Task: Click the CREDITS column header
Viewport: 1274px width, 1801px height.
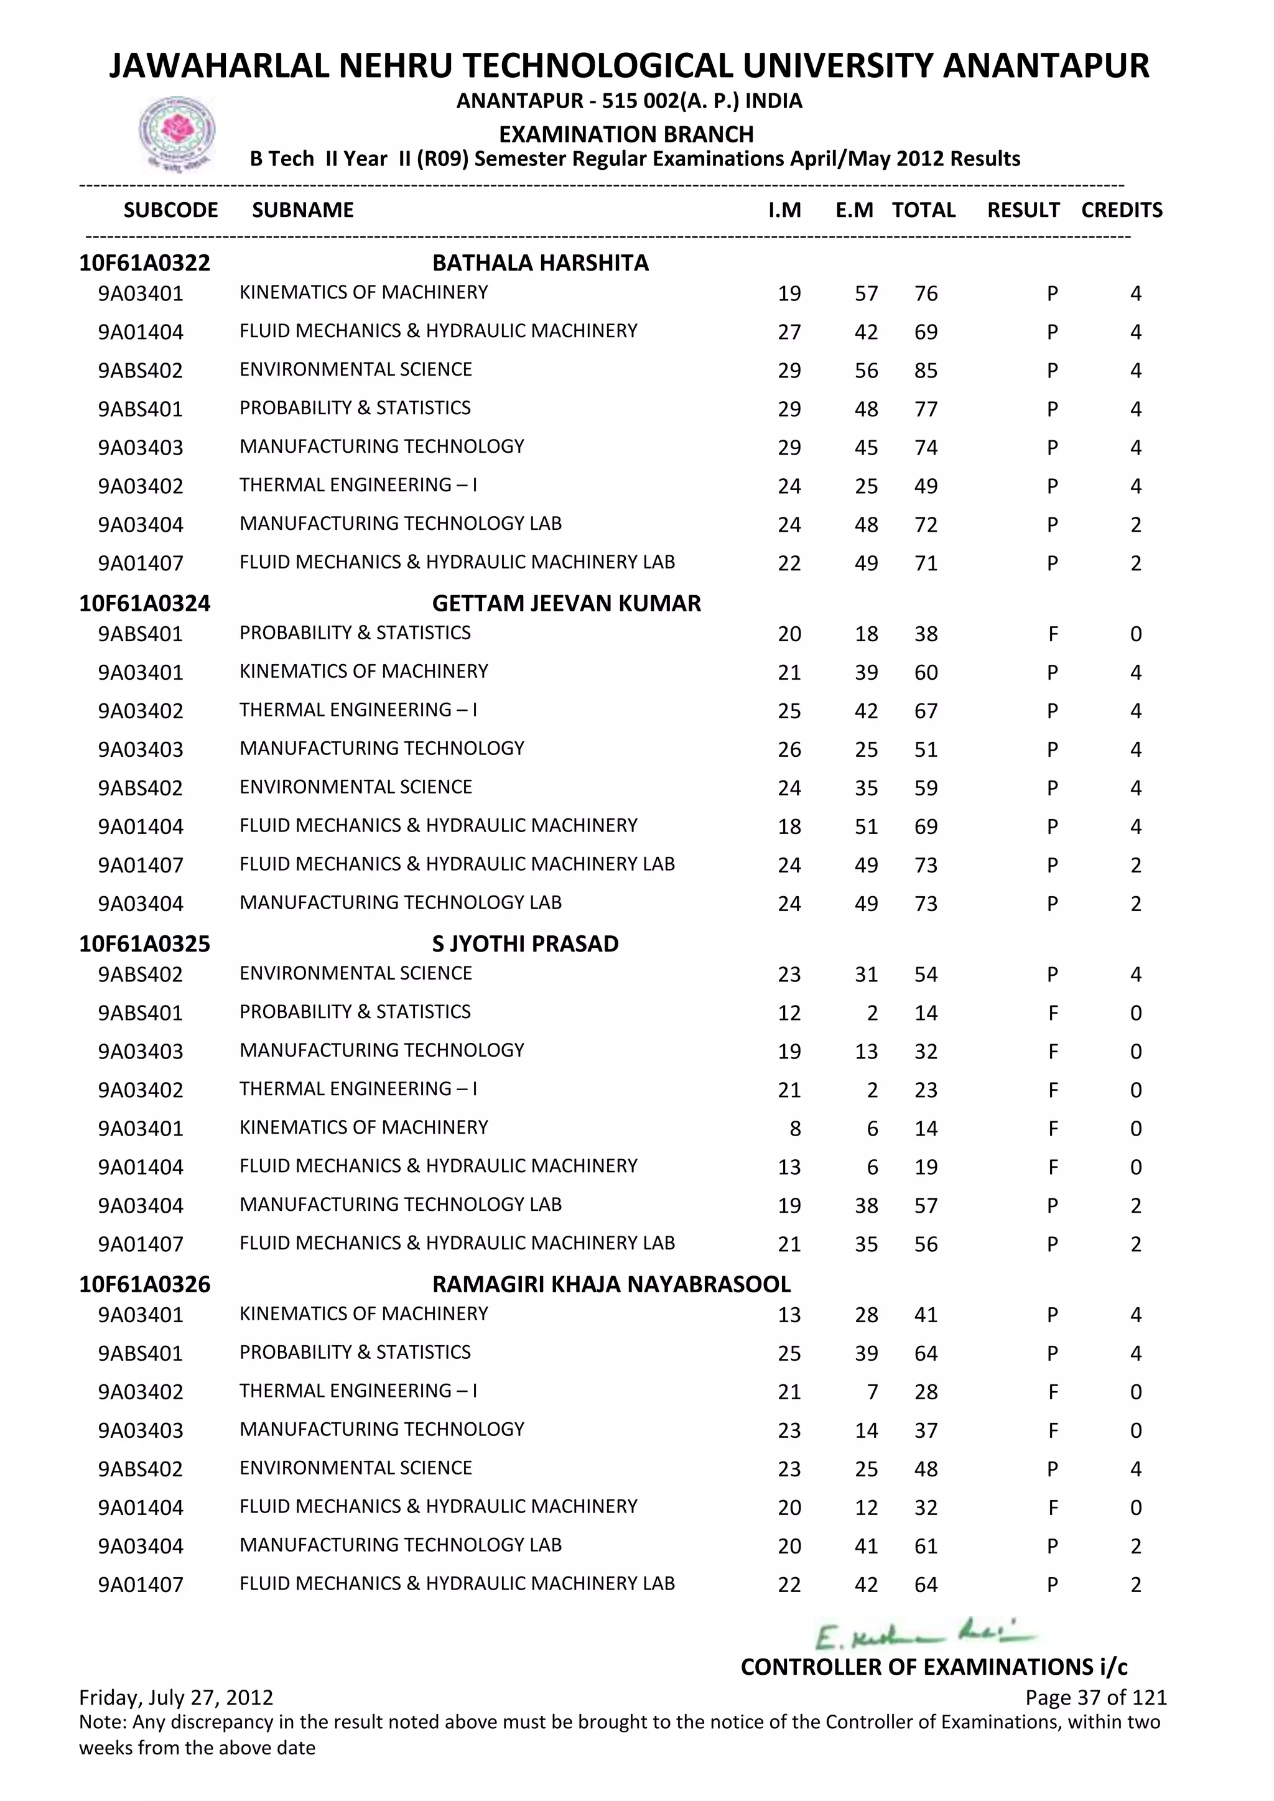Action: coord(1121,210)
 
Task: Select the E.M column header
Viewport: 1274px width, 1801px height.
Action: coord(854,210)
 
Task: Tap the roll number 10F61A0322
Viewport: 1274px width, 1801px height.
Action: coord(144,263)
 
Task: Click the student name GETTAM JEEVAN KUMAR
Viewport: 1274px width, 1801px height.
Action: coord(567,603)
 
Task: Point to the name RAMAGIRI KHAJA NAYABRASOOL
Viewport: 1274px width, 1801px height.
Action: coord(611,1284)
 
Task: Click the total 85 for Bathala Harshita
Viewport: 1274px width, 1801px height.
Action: coord(926,370)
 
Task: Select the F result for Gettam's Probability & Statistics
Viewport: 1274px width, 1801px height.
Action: coord(1053,634)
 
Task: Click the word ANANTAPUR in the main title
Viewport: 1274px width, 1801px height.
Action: coord(1045,66)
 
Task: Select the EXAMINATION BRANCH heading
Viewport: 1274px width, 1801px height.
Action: coord(626,134)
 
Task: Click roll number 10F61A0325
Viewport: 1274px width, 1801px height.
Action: coord(144,943)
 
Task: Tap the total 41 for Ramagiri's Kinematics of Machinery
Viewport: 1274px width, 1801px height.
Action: coord(926,1315)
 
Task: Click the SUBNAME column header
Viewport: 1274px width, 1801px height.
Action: coord(303,210)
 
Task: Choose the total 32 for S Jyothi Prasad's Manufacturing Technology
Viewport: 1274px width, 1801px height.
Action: coord(926,1052)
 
